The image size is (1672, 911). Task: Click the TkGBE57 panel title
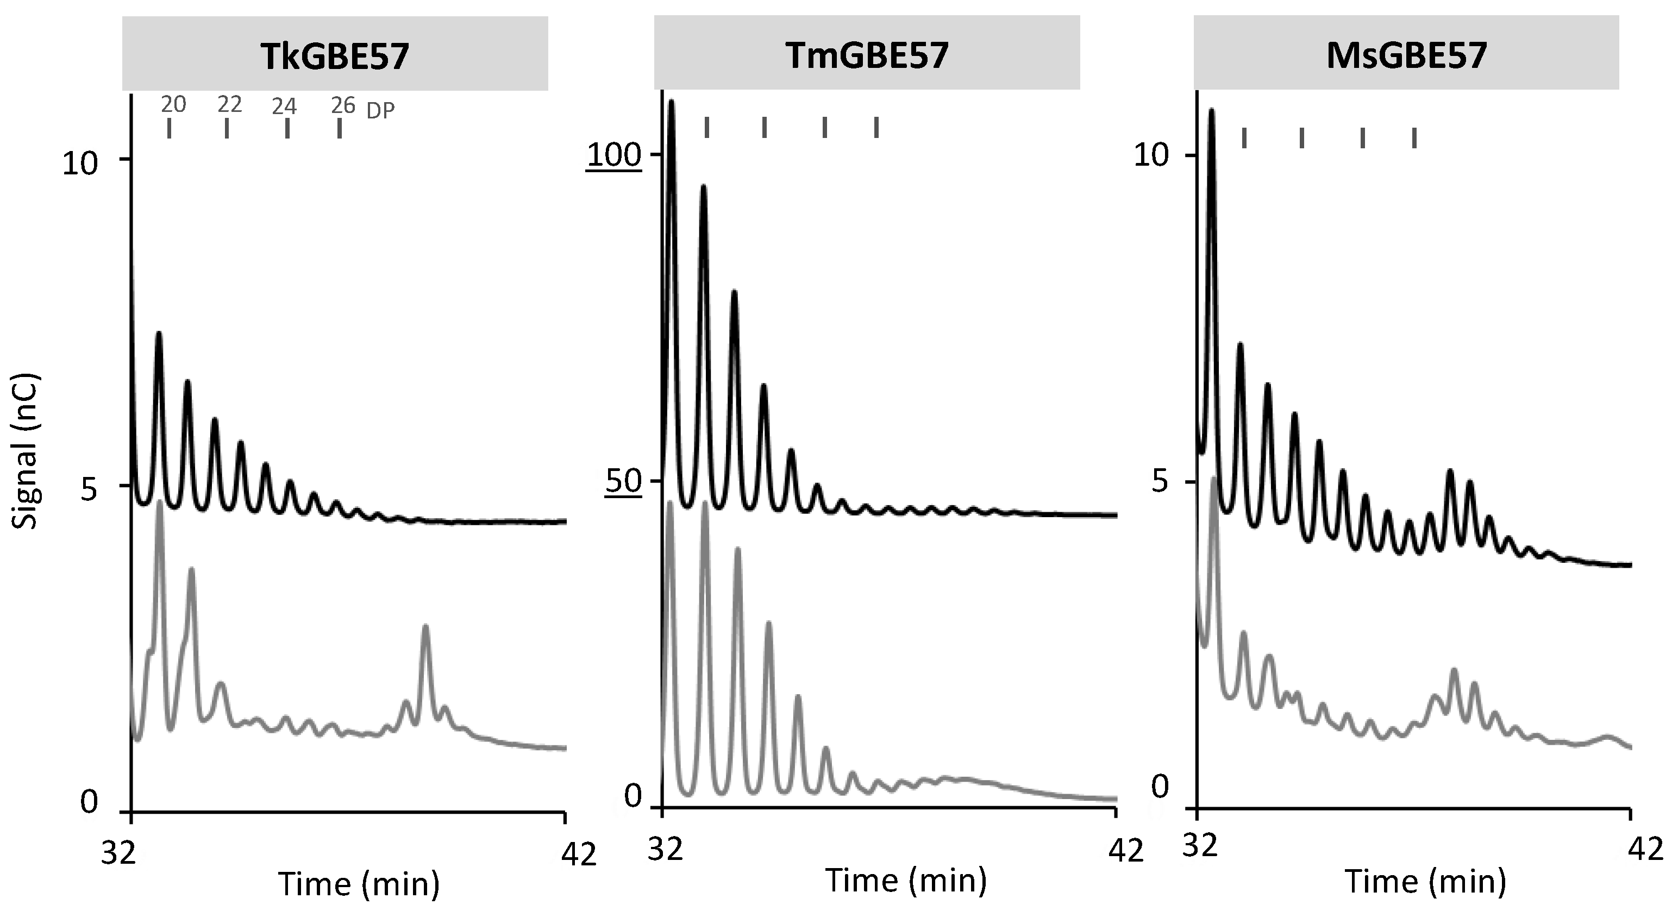pos(334,56)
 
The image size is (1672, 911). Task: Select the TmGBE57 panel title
pos(867,55)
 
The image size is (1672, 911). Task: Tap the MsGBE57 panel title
pos(1406,55)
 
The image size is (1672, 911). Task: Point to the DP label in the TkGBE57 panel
pos(380,111)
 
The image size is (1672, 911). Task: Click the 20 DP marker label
pos(173,104)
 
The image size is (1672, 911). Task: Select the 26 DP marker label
pos(343,105)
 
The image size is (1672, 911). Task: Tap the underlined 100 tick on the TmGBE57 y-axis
pos(614,156)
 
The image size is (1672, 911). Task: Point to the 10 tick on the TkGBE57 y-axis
pos(79,164)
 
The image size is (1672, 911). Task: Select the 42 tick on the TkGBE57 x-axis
pos(578,855)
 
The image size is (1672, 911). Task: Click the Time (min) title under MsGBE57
pos(1425,882)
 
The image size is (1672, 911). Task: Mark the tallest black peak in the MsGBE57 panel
pos(1211,111)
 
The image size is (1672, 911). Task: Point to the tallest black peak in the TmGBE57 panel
pos(671,102)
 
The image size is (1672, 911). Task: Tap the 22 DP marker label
pos(230,104)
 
